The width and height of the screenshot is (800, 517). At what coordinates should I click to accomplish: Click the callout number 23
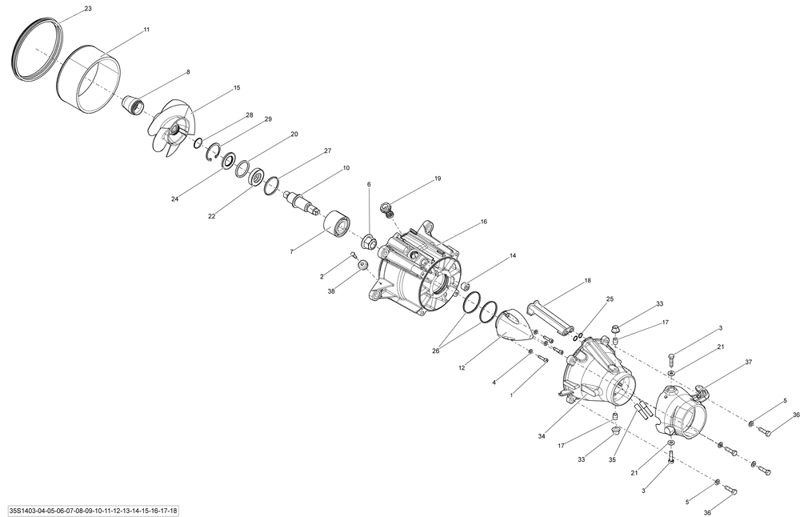[x=88, y=9]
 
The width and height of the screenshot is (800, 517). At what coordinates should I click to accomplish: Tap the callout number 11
[x=146, y=30]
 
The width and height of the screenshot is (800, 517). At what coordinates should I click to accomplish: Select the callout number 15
[x=237, y=88]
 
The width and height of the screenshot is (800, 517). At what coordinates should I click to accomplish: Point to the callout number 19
[x=438, y=178]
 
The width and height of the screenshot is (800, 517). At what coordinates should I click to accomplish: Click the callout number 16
[x=484, y=222]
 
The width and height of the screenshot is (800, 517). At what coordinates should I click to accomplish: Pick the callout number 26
[x=435, y=351]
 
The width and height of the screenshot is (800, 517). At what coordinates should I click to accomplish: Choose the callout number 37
[x=749, y=363]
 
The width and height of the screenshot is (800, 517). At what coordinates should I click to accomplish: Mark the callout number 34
[x=542, y=436]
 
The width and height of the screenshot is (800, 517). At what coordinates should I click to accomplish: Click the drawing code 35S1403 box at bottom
[x=94, y=511]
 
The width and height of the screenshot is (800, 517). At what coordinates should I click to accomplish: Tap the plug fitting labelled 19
[x=388, y=209]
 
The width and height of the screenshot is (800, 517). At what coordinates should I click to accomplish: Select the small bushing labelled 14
[x=465, y=285]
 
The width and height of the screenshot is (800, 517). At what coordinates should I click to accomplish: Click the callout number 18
[x=588, y=280]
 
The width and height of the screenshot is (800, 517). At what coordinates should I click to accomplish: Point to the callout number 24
[x=175, y=199]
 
